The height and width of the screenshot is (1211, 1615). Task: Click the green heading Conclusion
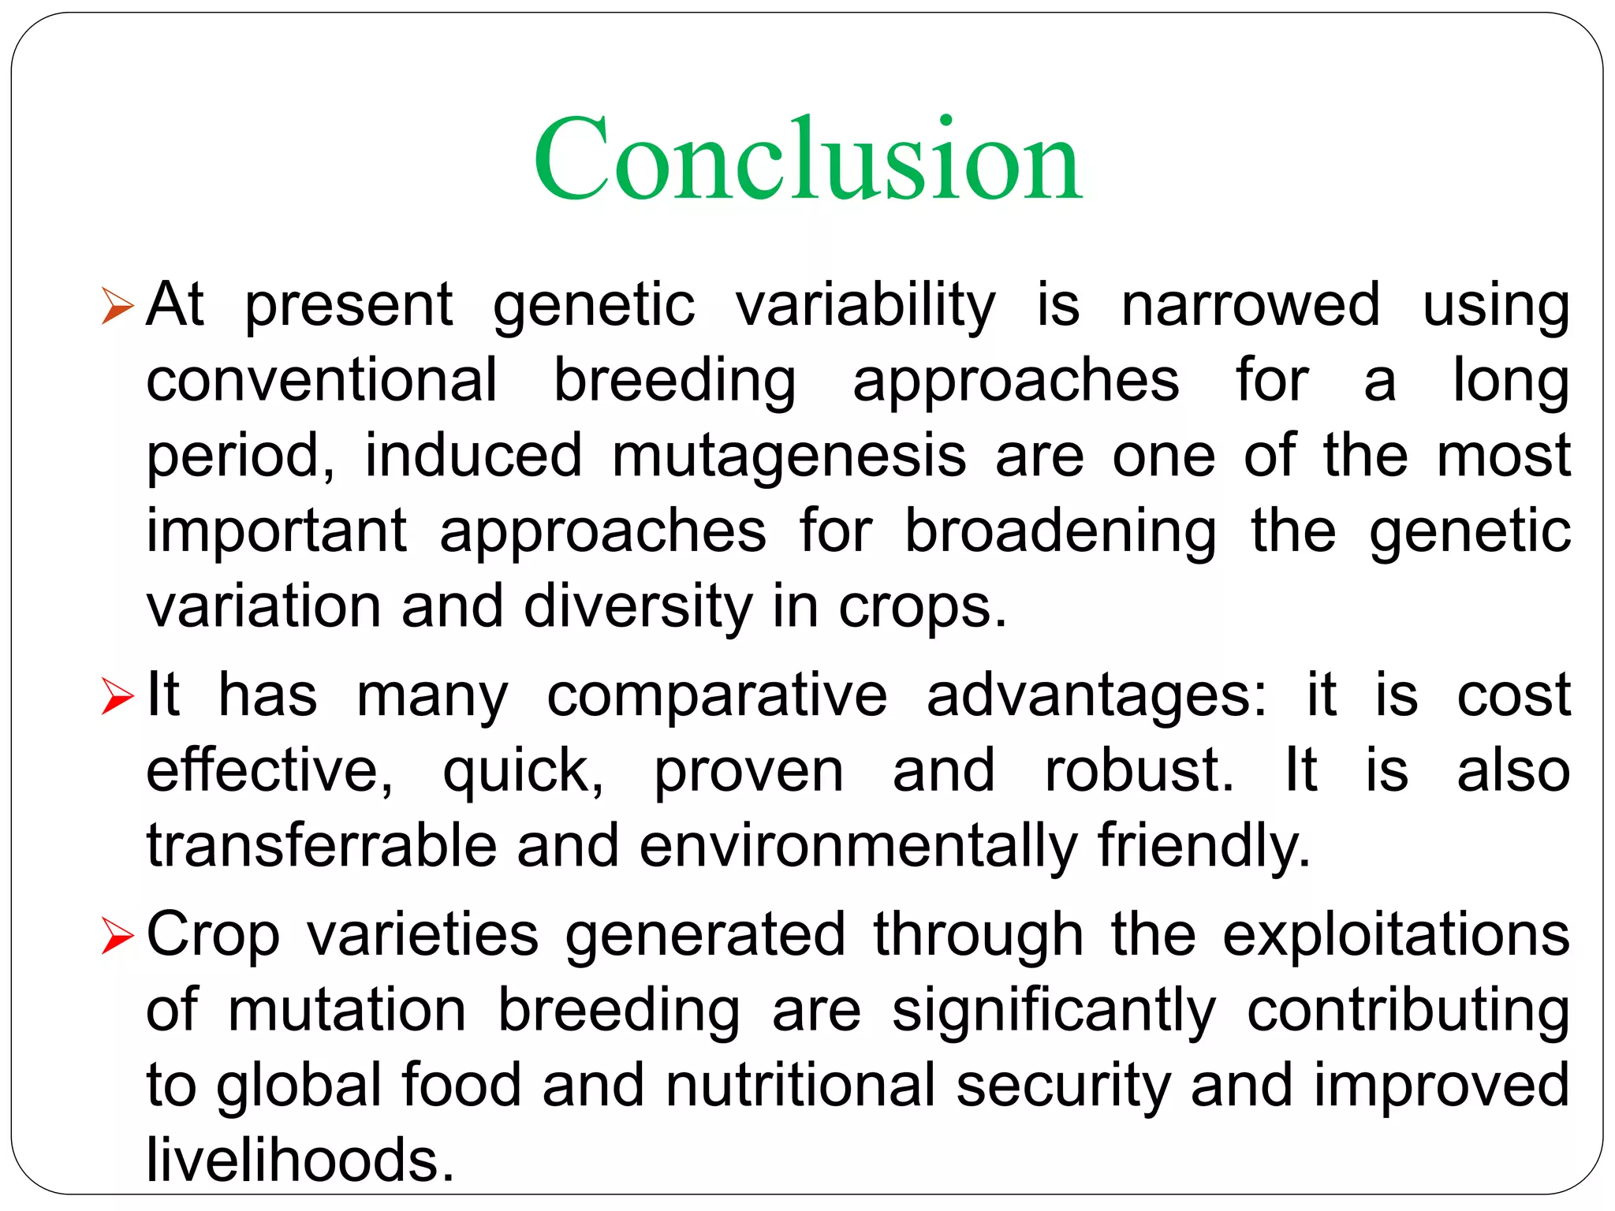point(807,159)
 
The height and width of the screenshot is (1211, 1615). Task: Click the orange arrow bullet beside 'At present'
point(118,307)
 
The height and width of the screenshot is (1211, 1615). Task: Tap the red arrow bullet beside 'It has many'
point(118,697)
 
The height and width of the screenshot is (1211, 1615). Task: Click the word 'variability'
point(865,305)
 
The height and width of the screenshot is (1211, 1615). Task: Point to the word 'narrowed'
point(1251,305)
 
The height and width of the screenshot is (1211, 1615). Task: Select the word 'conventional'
point(322,380)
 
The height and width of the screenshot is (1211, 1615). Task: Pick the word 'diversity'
point(638,606)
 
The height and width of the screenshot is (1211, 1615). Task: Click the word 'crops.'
point(923,608)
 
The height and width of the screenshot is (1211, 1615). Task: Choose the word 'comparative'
point(717,696)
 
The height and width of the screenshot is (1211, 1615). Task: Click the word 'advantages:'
point(1096,696)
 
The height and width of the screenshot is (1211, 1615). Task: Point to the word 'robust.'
point(1139,770)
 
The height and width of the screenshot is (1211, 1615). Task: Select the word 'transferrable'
point(322,845)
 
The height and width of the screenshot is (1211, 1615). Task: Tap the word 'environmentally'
point(858,847)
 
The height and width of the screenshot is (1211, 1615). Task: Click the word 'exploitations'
point(1396,936)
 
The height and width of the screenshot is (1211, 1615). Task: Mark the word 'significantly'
point(1054,1012)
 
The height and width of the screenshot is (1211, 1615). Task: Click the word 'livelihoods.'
point(300,1160)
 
